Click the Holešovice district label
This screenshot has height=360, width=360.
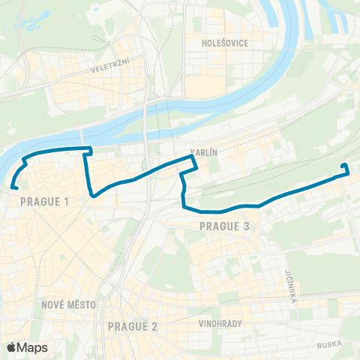tap(225, 43)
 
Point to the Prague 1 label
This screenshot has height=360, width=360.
tap(45, 202)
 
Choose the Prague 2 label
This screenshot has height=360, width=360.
tap(133, 326)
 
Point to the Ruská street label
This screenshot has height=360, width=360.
tap(328, 345)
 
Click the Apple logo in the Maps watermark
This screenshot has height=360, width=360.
tap(11, 347)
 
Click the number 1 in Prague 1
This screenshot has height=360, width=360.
tap(67, 202)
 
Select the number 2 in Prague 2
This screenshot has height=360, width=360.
tap(155, 326)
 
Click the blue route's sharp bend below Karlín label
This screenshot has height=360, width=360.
tap(194, 157)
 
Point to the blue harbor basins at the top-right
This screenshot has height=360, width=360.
tap(334, 19)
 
